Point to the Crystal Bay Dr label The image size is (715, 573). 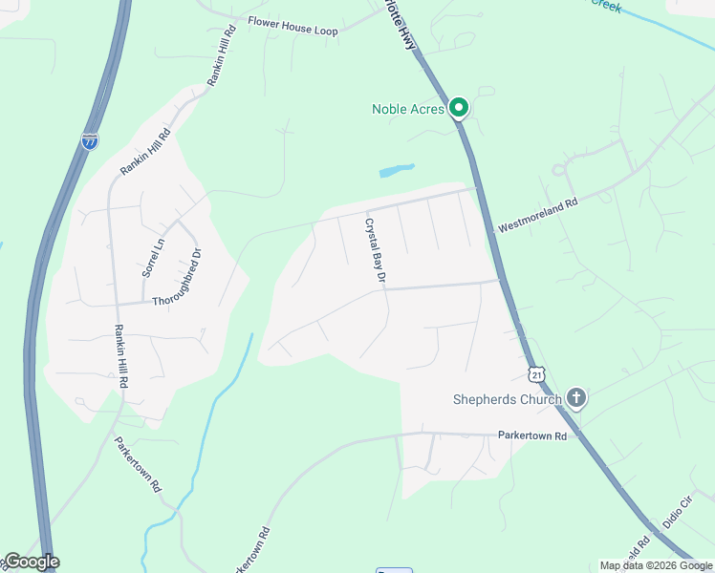tap(374, 250)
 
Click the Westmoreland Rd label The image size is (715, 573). tap(538, 216)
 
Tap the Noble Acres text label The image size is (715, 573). tap(408, 109)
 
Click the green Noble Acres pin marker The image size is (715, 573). tap(459, 108)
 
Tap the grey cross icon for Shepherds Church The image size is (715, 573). tap(575, 397)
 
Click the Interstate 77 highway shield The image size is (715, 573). tap(90, 141)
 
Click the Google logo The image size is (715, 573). tap(31, 562)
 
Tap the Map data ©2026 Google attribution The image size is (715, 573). tap(656, 565)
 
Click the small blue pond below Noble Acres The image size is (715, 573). tap(397, 171)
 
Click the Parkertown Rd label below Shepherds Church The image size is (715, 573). tap(531, 435)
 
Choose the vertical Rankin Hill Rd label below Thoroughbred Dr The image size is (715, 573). tap(121, 355)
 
